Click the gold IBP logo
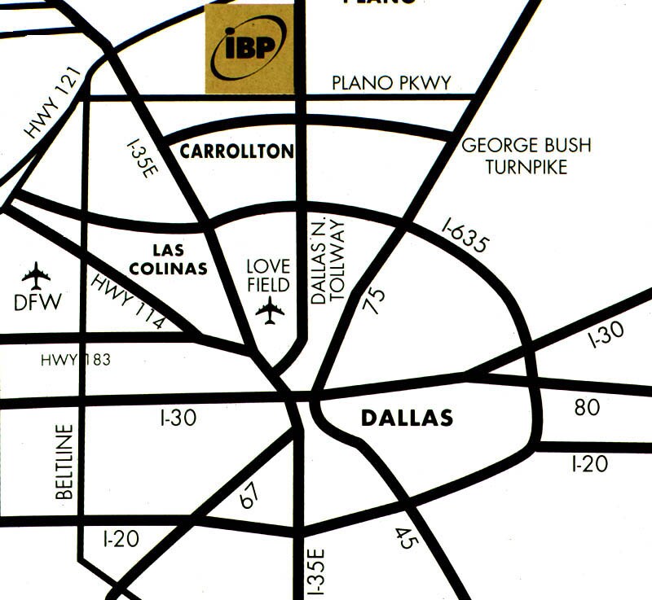coord(249,49)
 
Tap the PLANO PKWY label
coord(392,83)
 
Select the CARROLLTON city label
coord(236,151)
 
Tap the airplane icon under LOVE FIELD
coord(270,310)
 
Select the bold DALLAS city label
coord(406,418)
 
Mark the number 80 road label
coord(587,407)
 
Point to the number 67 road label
coord(249,496)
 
